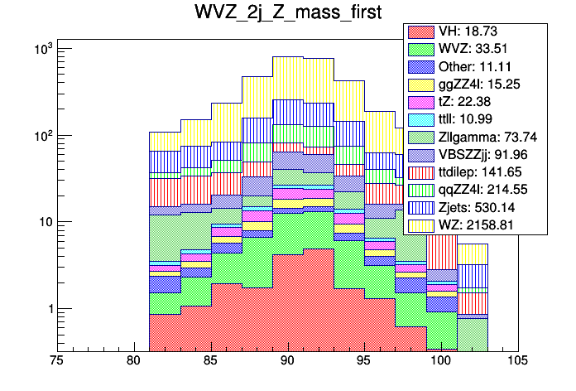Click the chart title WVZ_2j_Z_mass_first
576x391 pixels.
point(288,14)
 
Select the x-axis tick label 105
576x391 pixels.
point(519,362)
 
